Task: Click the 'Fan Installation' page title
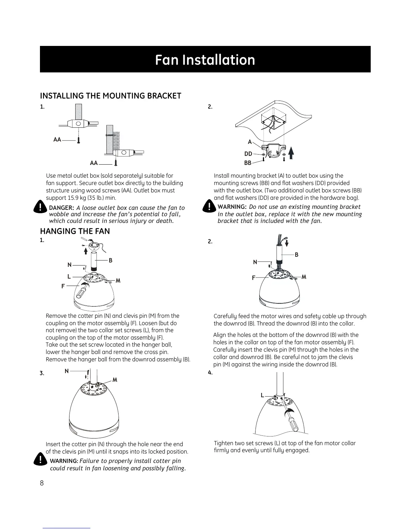coord(205,60)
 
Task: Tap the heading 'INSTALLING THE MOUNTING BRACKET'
coord(110,96)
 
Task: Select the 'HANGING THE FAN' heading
coord(75,231)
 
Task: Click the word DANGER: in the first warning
coord(61,208)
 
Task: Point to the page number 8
coord(42,483)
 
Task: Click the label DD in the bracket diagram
coord(248,154)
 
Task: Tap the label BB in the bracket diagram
coord(248,163)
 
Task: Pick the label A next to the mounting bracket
coord(250,142)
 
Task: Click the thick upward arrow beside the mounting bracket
coord(291,154)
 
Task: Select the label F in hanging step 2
coord(254,278)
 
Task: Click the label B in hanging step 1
coord(110,260)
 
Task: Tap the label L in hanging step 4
coord(262,396)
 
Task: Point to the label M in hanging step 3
coord(115,380)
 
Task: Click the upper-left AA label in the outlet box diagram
coord(57,139)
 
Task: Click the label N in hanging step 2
coord(255,262)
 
